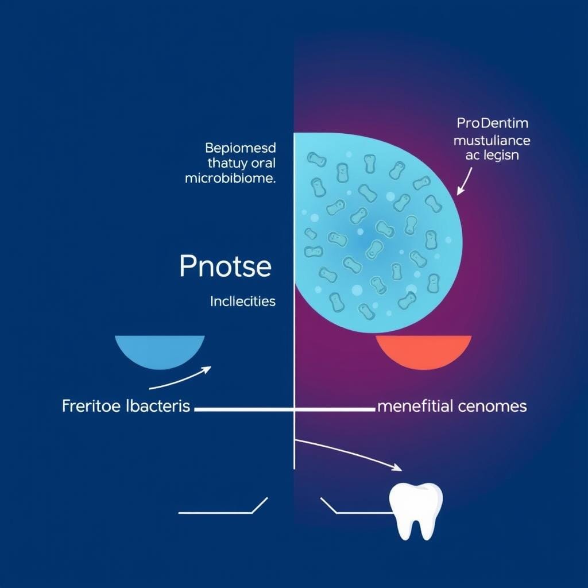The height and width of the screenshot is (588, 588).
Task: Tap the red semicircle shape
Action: tap(424, 350)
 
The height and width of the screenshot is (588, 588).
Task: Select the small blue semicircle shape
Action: tap(160, 350)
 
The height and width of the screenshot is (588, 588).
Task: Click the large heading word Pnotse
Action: tap(225, 266)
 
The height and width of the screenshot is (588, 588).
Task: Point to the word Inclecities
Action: tap(243, 301)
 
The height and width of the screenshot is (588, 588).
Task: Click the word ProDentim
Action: tap(492, 123)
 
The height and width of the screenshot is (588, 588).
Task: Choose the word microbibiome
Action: tap(230, 179)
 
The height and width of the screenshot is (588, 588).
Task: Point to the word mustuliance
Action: tap(492, 140)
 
